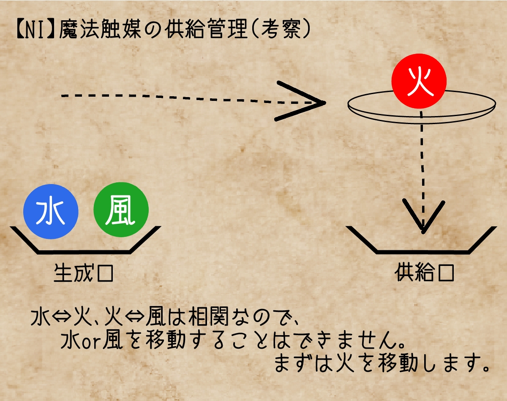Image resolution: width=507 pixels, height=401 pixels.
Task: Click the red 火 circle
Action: pyautogui.click(x=419, y=81)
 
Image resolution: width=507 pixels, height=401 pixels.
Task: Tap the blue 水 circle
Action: pyautogui.click(x=51, y=211)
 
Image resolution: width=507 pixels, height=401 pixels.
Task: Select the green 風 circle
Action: pyautogui.click(x=121, y=209)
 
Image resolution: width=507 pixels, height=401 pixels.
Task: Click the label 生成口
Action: pyautogui.click(x=84, y=273)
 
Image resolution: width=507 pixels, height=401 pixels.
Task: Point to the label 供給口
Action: pyautogui.click(x=425, y=273)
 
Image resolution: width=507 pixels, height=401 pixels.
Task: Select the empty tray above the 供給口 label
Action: pyautogui.click(x=422, y=252)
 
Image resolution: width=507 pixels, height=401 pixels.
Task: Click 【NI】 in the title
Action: pyautogui.click(x=36, y=30)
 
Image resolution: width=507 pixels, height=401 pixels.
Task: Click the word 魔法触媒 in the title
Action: pyautogui.click(x=100, y=30)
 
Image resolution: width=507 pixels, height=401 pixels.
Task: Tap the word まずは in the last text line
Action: pyautogui.click(x=304, y=363)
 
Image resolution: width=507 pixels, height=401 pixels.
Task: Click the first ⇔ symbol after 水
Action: pyautogui.click(x=62, y=317)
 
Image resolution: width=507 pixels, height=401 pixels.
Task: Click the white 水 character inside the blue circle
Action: pyautogui.click(x=50, y=212)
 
